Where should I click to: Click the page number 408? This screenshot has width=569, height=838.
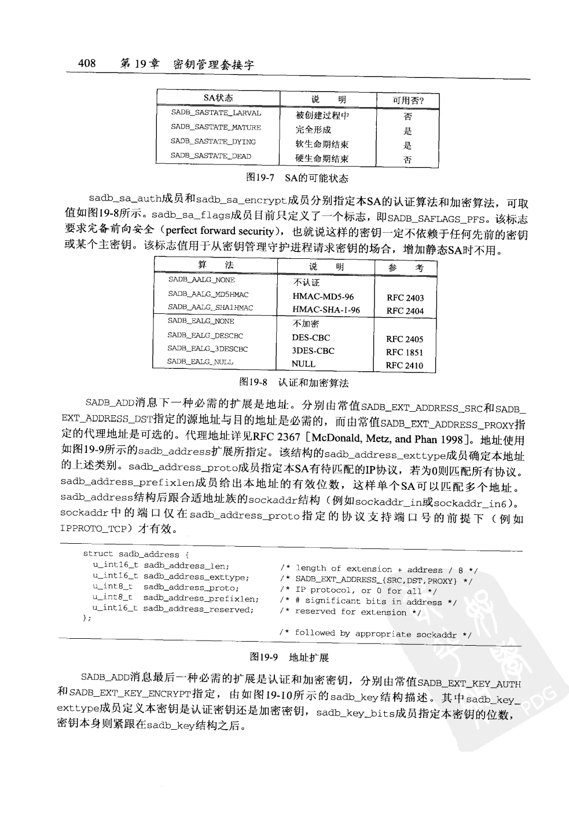pos(87,63)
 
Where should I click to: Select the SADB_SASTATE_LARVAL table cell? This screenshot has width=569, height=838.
pos(216,113)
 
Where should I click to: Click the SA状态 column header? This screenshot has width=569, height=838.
pos(218,98)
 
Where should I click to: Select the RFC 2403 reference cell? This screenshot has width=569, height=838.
pos(405,298)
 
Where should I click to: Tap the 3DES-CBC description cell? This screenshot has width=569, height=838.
pos(313,351)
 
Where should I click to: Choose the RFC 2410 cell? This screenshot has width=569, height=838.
pos(405,365)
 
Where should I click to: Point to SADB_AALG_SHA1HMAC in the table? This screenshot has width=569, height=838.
pos(211,308)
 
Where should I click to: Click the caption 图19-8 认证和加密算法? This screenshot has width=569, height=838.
pos(294,383)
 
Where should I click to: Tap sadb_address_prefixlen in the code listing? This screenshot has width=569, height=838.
pos(201,598)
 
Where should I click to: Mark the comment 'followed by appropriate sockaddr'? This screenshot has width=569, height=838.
pos(376,634)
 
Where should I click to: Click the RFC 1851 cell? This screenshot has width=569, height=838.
pos(405,352)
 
